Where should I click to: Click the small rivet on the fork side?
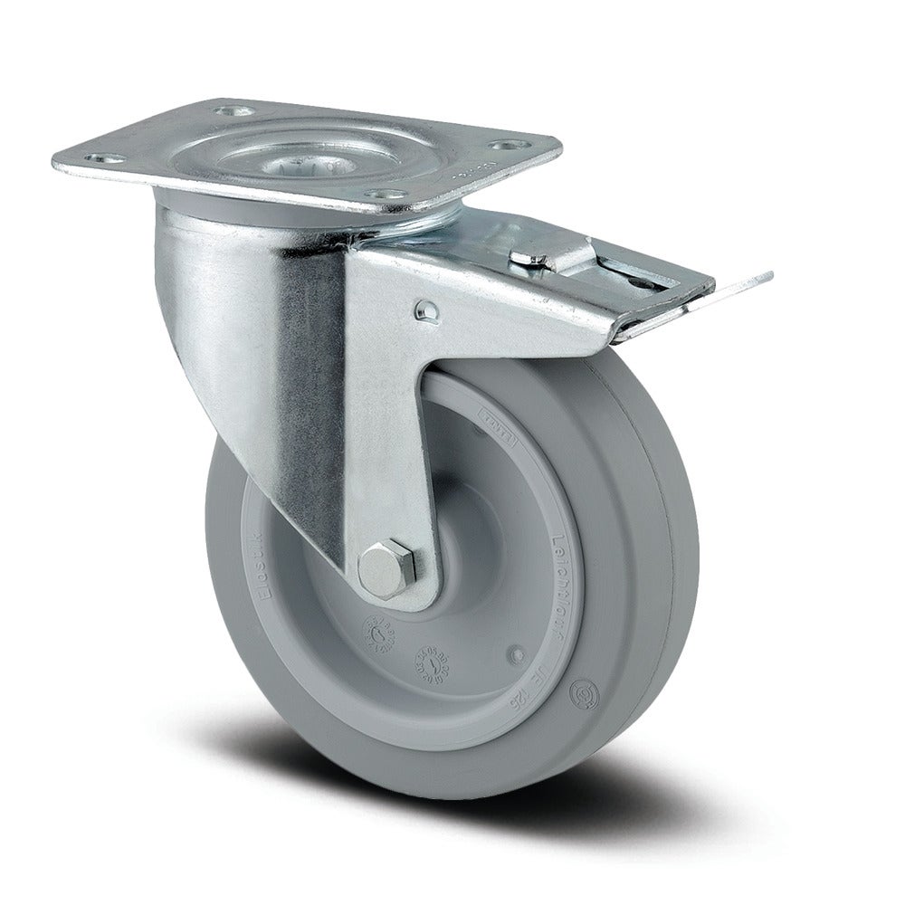point(428,311)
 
